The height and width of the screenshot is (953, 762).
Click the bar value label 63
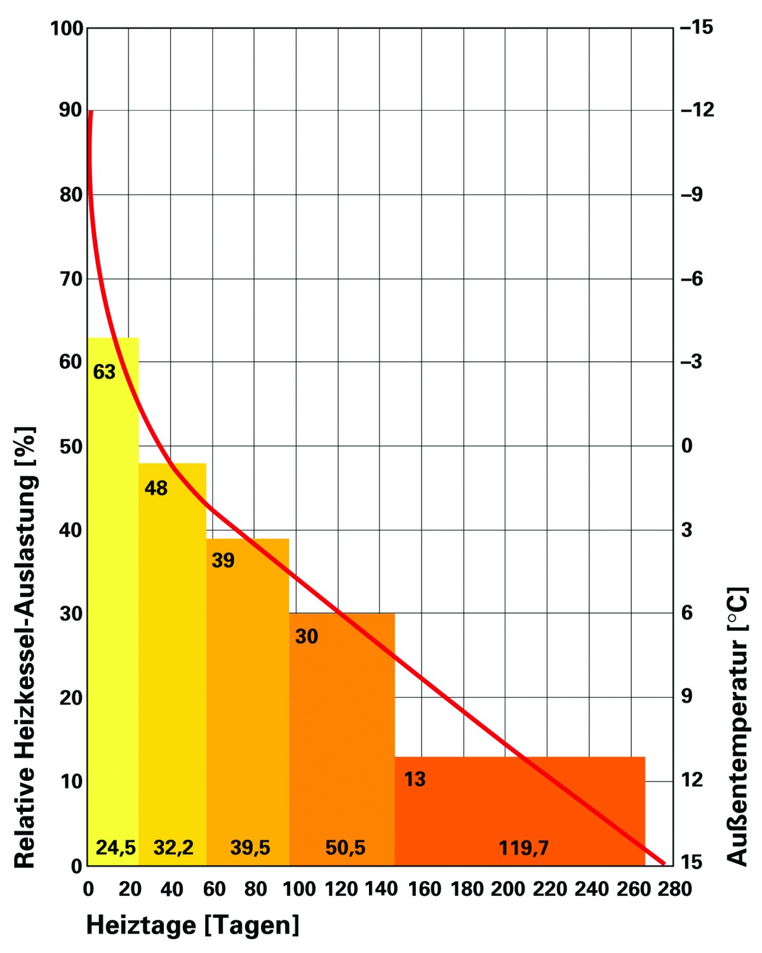(104, 372)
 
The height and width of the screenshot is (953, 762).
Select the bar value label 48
(156, 488)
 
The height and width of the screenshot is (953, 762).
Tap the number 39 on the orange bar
(223, 560)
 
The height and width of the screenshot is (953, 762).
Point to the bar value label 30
(306, 637)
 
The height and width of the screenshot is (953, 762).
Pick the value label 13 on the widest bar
(415, 780)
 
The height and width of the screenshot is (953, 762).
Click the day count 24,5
(116, 848)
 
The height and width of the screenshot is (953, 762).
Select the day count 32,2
(173, 848)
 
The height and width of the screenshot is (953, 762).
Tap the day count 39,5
(250, 848)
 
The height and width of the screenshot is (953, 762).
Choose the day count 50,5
(345, 848)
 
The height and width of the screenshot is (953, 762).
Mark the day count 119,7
(524, 848)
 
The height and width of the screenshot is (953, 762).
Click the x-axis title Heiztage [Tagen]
(192, 925)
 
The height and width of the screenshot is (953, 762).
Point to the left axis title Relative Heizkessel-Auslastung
(25, 647)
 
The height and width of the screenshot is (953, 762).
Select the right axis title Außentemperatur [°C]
(737, 726)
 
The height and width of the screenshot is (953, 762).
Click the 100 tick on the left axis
(67, 29)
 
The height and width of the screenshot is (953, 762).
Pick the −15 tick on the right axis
(697, 27)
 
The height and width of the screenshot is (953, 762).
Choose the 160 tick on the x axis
(424, 889)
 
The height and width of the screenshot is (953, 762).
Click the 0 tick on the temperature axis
(686, 446)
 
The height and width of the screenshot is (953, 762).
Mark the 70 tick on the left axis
(71, 279)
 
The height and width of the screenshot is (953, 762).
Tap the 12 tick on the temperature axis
(692, 780)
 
